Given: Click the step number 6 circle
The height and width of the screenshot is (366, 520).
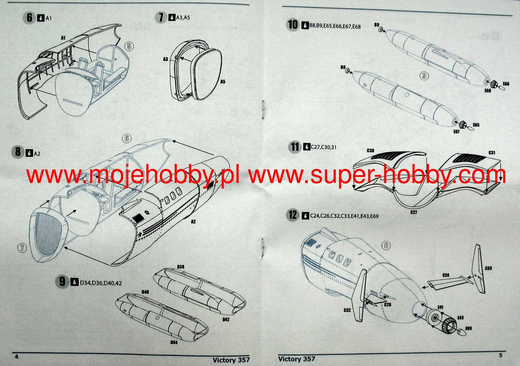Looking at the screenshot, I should click(x=29, y=18).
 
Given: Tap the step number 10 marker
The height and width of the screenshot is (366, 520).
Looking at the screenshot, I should click(x=293, y=25).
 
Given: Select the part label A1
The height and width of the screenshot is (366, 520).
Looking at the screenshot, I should click(x=63, y=38).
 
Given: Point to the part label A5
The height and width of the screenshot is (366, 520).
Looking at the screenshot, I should click(x=223, y=82).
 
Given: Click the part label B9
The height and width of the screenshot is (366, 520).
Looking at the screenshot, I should click(x=377, y=25).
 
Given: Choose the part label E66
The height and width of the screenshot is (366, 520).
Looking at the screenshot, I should click(x=506, y=84).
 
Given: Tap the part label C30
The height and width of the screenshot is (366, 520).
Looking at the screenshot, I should click(x=370, y=151).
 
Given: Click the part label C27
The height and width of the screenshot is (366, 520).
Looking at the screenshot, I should click(x=414, y=212).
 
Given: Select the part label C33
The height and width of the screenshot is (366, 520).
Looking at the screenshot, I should click(x=488, y=268).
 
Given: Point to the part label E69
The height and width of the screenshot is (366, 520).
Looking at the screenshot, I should click(x=469, y=328).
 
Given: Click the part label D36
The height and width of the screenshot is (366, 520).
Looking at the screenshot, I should click(x=181, y=267).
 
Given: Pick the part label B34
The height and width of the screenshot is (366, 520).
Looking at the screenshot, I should click(x=174, y=342).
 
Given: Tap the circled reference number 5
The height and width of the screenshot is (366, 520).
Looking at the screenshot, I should click(x=129, y=46).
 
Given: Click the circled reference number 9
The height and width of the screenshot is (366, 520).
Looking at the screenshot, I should click(x=424, y=76).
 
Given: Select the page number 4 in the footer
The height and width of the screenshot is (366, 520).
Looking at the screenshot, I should click(x=16, y=357).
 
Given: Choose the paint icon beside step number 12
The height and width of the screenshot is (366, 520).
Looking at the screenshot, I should click(x=305, y=216).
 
